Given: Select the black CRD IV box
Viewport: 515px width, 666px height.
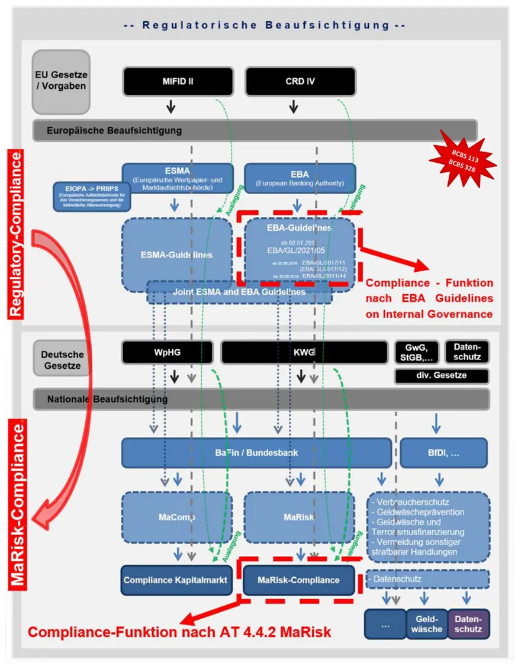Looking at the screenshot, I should tap(300, 81).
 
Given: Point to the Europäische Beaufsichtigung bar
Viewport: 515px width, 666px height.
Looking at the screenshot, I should tap(255, 130).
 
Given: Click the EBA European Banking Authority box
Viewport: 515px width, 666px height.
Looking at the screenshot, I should tap(300, 178).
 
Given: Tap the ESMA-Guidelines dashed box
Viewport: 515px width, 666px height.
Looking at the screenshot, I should tap(177, 255).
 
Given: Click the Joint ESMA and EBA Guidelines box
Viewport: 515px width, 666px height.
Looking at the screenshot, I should tap(239, 292).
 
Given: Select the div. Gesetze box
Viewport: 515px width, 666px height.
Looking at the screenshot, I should tap(442, 376).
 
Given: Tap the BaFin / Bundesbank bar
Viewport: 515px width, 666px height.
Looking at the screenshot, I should tap(256, 453).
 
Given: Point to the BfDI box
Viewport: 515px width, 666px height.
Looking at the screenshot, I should tap(443, 453).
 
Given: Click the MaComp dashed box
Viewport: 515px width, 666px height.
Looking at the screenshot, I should tap(177, 517).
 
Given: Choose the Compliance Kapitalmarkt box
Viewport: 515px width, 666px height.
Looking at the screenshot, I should tap(176, 580).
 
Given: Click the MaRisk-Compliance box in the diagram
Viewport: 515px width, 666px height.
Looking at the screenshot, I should tap(298, 580).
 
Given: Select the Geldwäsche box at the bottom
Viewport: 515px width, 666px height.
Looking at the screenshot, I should tap(426, 624).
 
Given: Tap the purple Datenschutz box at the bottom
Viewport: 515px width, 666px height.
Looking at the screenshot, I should tap(468, 624).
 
